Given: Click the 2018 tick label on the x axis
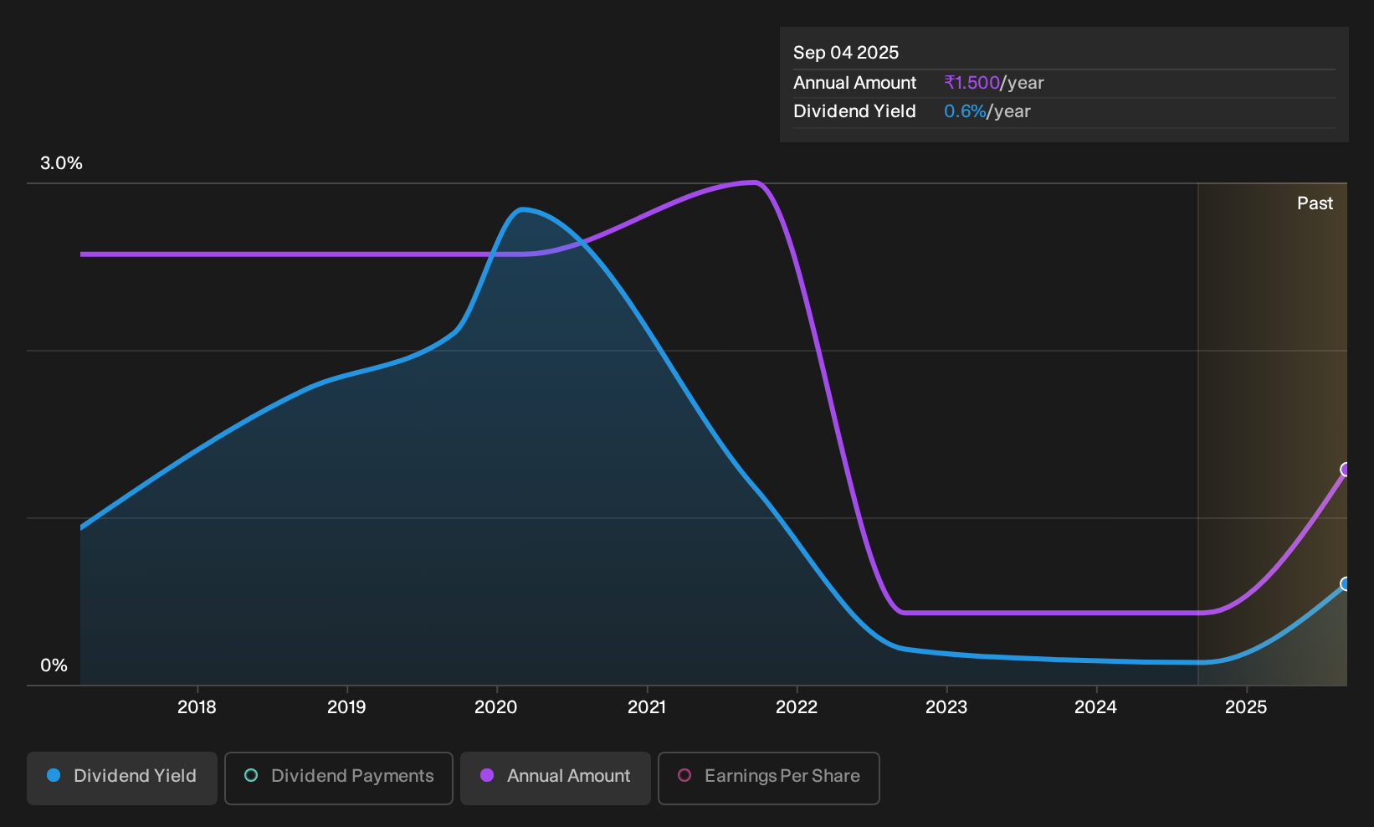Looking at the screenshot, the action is pos(197,707).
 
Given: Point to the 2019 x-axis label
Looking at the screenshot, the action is pos(346,707).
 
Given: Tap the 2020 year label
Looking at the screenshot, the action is pos(496,707).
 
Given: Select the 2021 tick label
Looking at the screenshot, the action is pos(647,707).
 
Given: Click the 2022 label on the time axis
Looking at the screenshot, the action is pos(797,707).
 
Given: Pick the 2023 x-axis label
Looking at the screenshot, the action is pos(946,707).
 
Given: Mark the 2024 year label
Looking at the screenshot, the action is pos(1096,707).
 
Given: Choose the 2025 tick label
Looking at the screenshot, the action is pos(1246,707).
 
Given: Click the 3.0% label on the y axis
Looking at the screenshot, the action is pos(61,163).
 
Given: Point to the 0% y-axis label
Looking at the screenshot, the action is pos(54,665).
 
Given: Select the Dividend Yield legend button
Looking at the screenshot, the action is pos(122,778).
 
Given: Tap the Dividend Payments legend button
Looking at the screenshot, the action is pos(339,778).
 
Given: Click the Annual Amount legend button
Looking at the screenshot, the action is pos(555,778).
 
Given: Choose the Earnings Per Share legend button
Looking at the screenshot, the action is pos(768,778).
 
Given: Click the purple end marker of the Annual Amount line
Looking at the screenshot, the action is pos(1346,470).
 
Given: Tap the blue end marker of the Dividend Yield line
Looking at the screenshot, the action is pos(1346,583).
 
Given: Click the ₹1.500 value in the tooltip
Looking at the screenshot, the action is pos(972,83).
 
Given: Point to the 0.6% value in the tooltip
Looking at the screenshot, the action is pos(965,111).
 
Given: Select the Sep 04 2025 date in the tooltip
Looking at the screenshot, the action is pos(846,53).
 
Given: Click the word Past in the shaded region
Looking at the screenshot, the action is pos(1315,203).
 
